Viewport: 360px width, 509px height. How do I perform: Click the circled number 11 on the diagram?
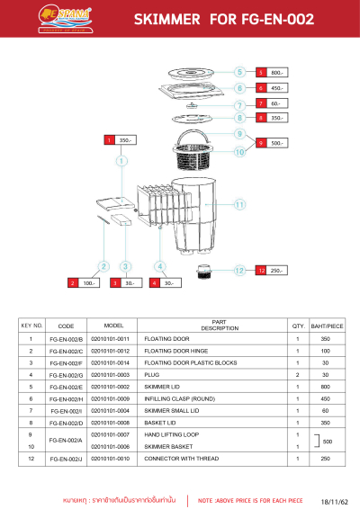(x=239, y=205)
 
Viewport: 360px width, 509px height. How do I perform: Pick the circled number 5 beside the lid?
(x=239, y=72)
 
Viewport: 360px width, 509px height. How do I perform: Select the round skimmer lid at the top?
(x=193, y=72)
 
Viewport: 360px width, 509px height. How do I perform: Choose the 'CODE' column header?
(x=66, y=326)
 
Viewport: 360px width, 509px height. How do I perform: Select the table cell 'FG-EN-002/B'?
(x=66, y=340)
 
